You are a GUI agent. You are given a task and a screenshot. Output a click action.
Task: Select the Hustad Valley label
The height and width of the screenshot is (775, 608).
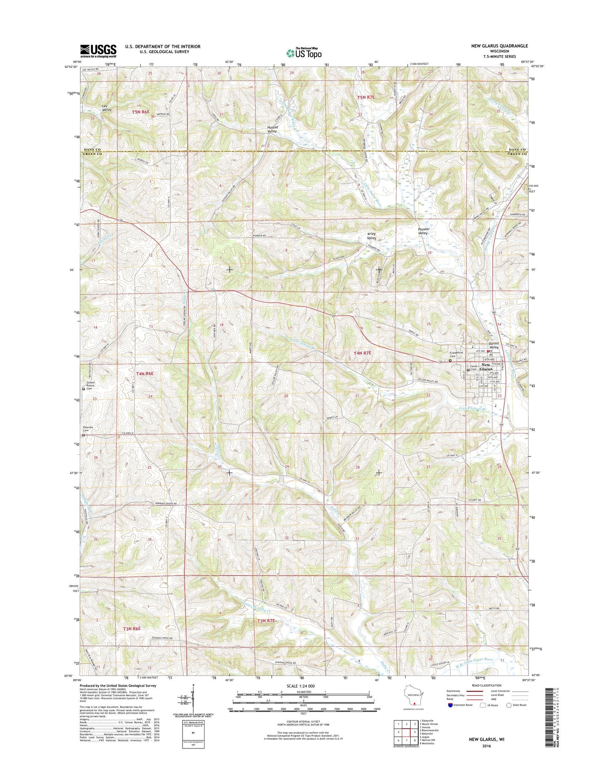(272, 129)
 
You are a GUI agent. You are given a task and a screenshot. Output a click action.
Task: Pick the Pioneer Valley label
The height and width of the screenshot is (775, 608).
(423, 231)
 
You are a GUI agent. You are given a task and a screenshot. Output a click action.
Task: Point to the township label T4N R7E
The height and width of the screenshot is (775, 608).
(362, 353)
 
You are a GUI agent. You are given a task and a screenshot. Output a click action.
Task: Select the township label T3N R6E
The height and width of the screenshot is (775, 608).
(132, 629)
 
